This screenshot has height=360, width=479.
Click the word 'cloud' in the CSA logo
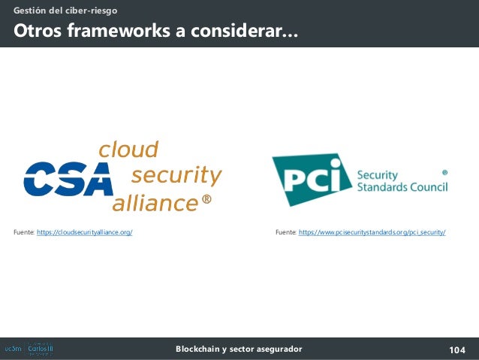[128, 150]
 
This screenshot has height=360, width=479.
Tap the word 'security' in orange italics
[176, 176]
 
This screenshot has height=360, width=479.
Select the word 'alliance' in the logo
[155, 203]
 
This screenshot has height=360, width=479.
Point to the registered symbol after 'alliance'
[207, 201]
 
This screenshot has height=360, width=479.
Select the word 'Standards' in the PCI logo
[380, 186]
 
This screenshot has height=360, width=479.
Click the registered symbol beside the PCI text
[444, 172]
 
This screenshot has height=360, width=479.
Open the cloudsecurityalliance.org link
[85, 233]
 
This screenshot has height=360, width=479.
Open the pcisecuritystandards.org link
[372, 233]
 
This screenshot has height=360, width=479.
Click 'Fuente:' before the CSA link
[24, 233]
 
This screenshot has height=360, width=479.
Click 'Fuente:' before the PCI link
[286, 233]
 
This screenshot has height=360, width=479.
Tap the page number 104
[456, 349]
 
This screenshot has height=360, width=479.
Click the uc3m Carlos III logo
[29, 349]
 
